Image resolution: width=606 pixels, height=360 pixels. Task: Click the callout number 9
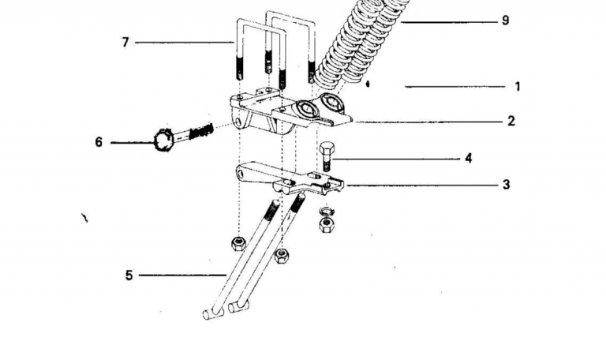click(x=506, y=20)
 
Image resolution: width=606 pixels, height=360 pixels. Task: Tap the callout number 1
click(x=518, y=86)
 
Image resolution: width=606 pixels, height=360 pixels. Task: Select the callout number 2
click(x=511, y=121)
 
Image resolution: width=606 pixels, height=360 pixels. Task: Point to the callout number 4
click(x=469, y=158)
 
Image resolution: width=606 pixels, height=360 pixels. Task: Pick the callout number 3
click(x=506, y=185)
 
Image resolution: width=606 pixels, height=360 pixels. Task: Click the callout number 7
click(x=125, y=42)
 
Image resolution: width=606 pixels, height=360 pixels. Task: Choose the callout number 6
click(x=99, y=142)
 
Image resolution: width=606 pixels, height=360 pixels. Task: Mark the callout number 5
click(x=129, y=276)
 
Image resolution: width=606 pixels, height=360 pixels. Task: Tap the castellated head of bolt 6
click(x=163, y=141)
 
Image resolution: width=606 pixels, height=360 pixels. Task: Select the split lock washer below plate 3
click(x=327, y=211)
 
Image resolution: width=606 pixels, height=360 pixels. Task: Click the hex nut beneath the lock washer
click(x=327, y=225)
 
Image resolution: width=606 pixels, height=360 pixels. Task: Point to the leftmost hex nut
click(x=238, y=243)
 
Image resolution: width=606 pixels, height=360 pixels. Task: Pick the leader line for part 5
click(x=182, y=276)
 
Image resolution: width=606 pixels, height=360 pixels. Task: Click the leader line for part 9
click(x=449, y=22)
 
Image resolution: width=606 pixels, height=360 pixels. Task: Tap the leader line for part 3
click(x=422, y=186)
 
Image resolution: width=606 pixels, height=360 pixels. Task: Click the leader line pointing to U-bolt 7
click(x=185, y=42)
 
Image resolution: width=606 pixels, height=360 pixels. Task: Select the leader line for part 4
click(x=396, y=159)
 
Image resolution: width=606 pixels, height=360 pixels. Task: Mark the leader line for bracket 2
click(x=430, y=122)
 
